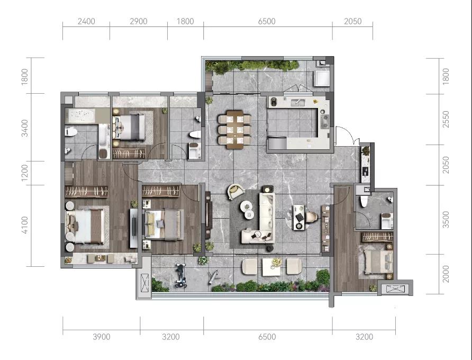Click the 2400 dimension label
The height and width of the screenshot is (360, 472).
[x=86, y=21]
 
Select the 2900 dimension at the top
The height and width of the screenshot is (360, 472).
[x=139, y=21]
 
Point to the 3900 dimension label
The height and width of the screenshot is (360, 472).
[x=102, y=337]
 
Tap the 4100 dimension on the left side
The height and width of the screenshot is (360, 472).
[x=25, y=225]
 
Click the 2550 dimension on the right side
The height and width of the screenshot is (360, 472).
[x=446, y=119]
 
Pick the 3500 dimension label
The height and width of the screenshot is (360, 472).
[x=446, y=220]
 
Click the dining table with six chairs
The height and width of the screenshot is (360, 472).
[x=235, y=129]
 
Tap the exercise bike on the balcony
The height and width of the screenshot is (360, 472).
[x=181, y=275]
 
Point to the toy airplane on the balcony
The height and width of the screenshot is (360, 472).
[x=213, y=277]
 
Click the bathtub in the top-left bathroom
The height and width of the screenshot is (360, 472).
[x=80, y=115]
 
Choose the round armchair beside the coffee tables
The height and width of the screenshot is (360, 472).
[x=237, y=191]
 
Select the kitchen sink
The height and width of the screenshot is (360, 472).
[x=298, y=102]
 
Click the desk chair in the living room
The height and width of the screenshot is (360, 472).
[x=311, y=217]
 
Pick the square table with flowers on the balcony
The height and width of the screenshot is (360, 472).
[x=272, y=267]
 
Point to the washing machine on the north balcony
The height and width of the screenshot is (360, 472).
[x=322, y=78]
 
